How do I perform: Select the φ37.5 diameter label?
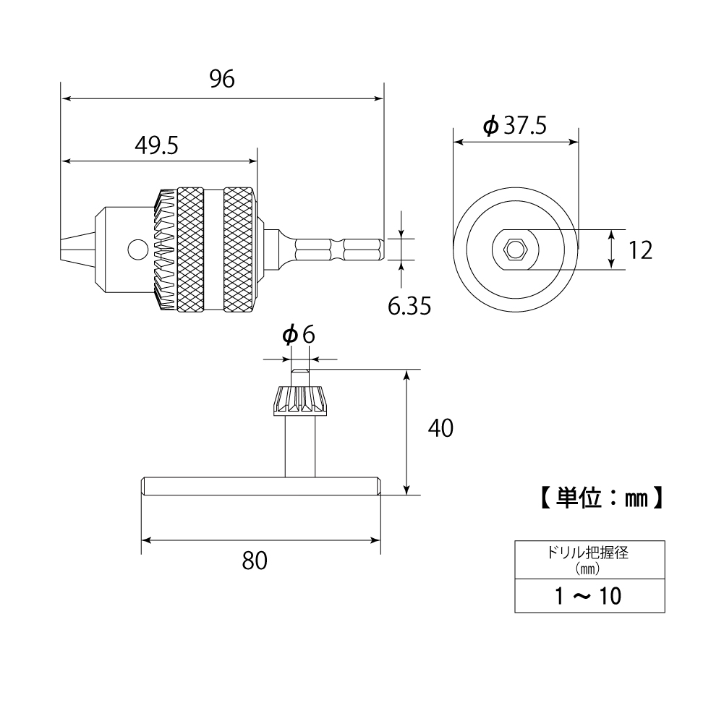click(x=514, y=126)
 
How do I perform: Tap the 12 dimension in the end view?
click(x=639, y=250)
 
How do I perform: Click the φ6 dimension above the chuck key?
click(x=299, y=335)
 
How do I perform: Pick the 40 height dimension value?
click(x=440, y=428)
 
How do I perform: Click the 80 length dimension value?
click(x=255, y=561)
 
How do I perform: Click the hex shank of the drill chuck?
click(x=340, y=250)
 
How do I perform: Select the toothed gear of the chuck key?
click(x=299, y=400)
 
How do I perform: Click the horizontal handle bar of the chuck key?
click(x=261, y=487)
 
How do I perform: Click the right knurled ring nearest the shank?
click(x=239, y=250)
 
